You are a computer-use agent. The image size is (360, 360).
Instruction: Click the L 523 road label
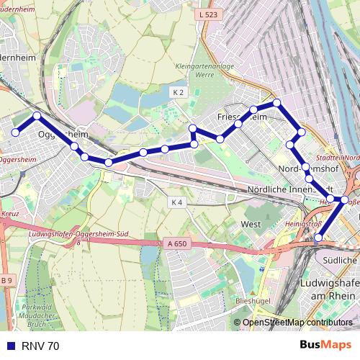point(207,14)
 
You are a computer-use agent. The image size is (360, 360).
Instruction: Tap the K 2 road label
point(179,92)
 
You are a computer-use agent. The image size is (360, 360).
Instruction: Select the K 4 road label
point(177,202)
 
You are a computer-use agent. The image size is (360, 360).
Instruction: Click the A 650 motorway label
point(176,244)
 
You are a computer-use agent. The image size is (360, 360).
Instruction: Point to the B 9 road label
point(6,280)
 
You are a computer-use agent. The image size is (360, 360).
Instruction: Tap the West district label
point(251,225)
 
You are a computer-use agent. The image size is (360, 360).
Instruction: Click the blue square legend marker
point(9,346)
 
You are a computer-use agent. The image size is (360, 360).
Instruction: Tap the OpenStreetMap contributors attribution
point(297,323)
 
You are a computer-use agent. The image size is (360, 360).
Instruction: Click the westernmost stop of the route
point(14,132)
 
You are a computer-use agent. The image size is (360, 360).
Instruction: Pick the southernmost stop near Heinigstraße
point(318,237)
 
